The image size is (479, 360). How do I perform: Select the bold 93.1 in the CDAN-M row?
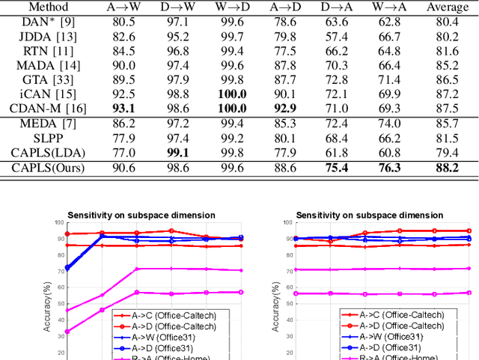point(123,108)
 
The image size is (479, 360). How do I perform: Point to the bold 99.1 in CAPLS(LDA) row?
point(176,153)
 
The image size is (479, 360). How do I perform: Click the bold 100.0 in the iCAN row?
point(232,94)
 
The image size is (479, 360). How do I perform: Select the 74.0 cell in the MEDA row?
point(394,124)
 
